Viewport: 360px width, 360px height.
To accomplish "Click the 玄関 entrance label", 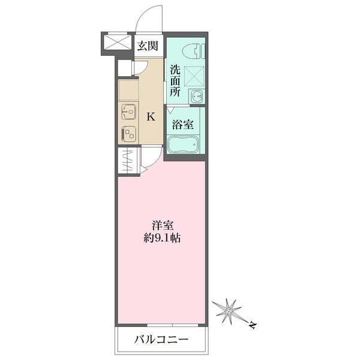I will (147, 45).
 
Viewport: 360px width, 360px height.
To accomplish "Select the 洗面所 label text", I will (175, 81).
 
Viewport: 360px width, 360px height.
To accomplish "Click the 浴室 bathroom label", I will (183, 125).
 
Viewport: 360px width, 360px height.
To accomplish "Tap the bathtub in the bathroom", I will (183, 146).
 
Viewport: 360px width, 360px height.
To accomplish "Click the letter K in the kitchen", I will (151, 118).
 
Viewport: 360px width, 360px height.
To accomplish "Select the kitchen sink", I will (128, 112).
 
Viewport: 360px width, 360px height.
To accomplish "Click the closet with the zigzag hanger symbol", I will (128, 161).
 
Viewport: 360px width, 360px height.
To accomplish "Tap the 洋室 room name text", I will (163, 226).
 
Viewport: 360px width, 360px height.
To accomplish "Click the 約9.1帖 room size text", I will (163, 238).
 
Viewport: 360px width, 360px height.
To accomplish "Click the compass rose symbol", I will (230, 310).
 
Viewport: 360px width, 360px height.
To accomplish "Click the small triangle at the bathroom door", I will (170, 110).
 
